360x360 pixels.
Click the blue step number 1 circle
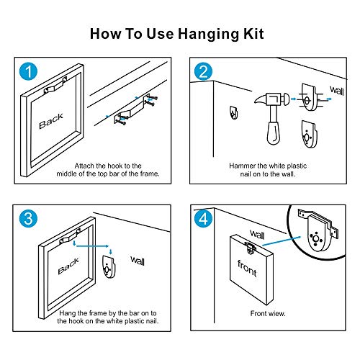(x=28, y=71)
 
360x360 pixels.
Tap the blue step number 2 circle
(x=203, y=71)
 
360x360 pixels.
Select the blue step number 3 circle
(x=28, y=219)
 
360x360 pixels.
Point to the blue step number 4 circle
(x=203, y=219)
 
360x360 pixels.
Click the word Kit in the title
(x=254, y=33)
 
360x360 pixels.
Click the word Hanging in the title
(x=208, y=34)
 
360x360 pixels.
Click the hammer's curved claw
(x=261, y=100)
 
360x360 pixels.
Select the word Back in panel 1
(x=51, y=121)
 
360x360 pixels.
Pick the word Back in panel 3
(x=68, y=266)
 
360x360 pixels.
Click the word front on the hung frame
(x=247, y=269)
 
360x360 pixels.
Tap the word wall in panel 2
(x=337, y=91)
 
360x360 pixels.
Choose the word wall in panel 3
(x=138, y=261)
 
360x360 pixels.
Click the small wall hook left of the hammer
(x=233, y=113)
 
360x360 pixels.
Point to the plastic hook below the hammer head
(x=309, y=134)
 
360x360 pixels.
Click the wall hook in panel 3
(x=109, y=267)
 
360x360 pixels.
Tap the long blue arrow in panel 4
(x=282, y=241)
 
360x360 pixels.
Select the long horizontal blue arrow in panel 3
(x=92, y=246)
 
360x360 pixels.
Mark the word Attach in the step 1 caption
(x=84, y=166)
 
